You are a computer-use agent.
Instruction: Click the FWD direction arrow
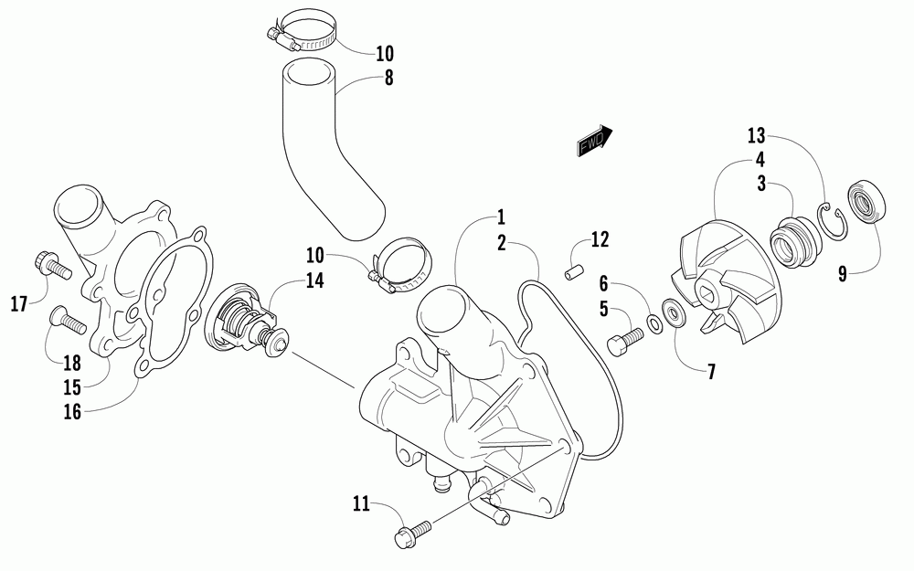[x=593, y=140]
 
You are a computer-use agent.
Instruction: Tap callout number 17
[x=19, y=302]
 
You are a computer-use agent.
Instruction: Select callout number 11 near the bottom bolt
[x=361, y=502]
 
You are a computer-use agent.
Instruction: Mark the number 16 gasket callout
[x=72, y=412]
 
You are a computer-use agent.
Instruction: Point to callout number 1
[x=501, y=217]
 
